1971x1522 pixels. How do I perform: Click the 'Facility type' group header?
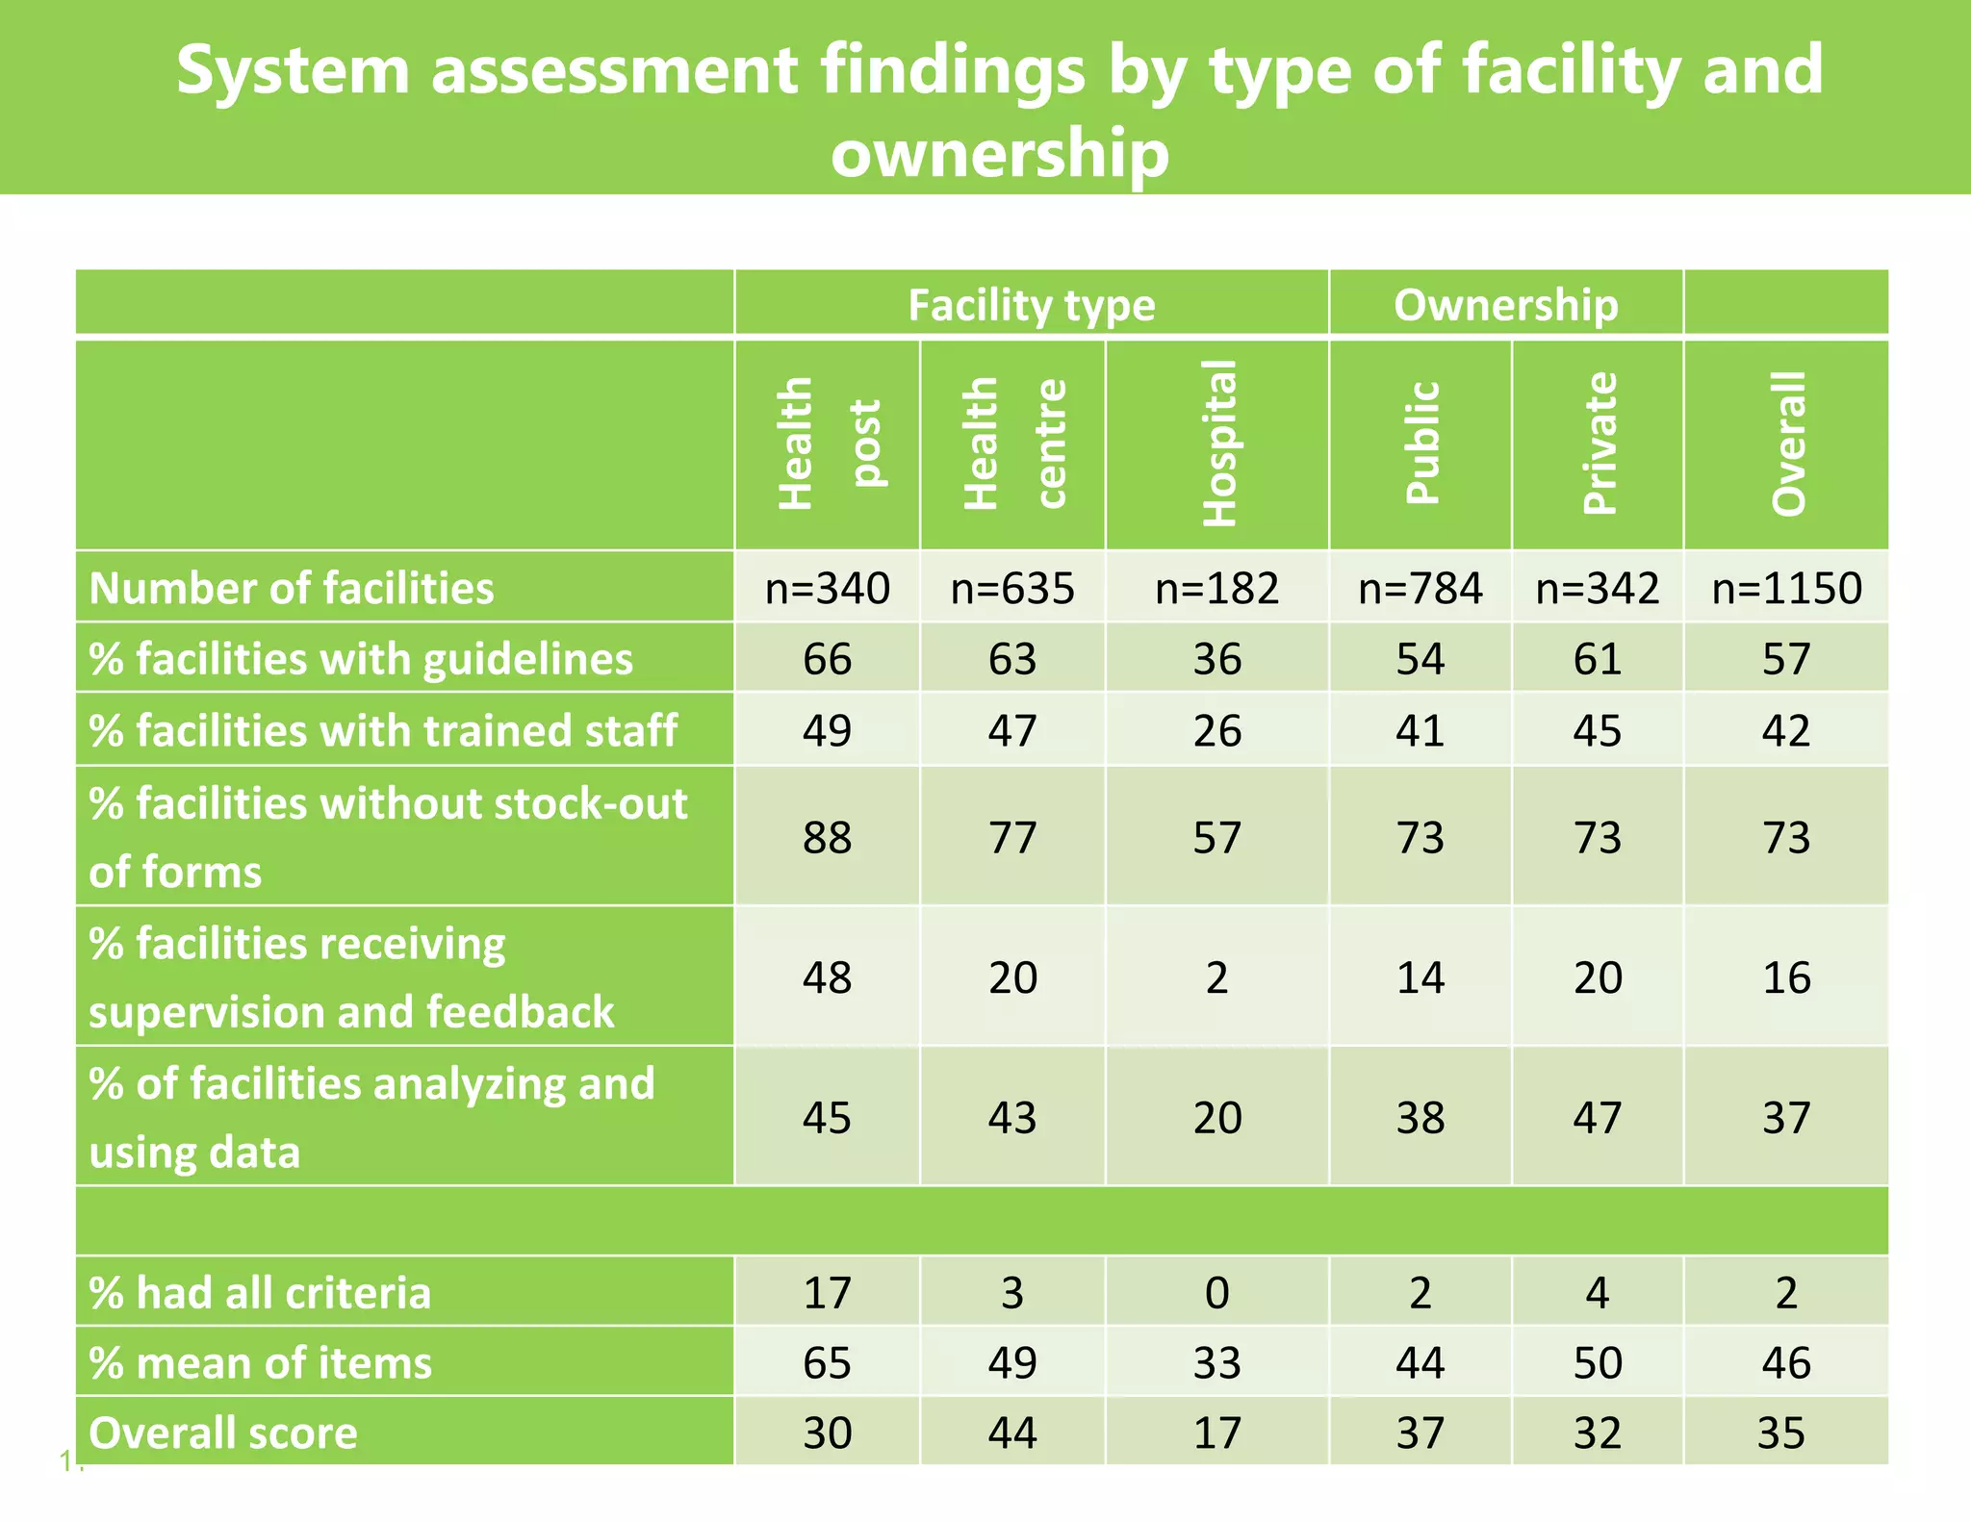click(x=1031, y=305)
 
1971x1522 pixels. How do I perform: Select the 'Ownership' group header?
click(x=1505, y=305)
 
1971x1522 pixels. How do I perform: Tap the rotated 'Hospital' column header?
click(x=1218, y=444)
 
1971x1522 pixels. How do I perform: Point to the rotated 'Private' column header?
click(x=1599, y=444)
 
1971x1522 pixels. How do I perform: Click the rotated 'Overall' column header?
click(x=1787, y=444)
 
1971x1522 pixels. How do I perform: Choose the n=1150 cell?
click(x=1786, y=588)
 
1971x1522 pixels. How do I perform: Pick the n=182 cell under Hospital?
click(x=1216, y=588)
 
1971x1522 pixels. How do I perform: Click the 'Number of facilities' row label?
click(x=291, y=588)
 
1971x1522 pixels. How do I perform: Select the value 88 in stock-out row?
click(x=827, y=837)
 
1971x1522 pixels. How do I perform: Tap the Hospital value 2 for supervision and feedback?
click(x=1216, y=977)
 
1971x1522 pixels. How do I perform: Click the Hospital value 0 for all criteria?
click(x=1216, y=1292)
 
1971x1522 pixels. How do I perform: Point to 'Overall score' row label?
click(x=223, y=1433)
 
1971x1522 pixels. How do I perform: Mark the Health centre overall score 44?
click(x=1012, y=1433)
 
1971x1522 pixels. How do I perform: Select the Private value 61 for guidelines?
click(x=1598, y=659)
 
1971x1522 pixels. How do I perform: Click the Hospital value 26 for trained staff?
click(x=1216, y=730)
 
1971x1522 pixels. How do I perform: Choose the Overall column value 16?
click(x=1786, y=977)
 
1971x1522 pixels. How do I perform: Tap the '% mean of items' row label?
click(x=260, y=1362)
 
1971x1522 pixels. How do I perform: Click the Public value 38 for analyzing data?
click(x=1421, y=1117)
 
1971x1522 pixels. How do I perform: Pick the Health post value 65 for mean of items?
click(x=827, y=1362)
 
